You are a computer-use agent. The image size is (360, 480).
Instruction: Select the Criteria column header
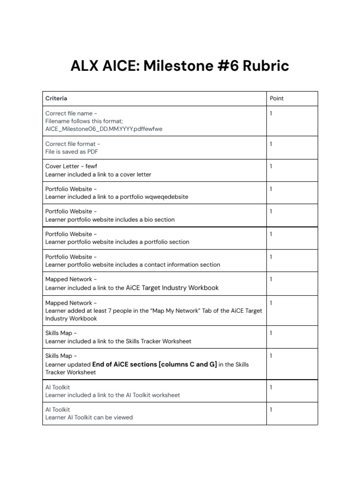tap(56, 98)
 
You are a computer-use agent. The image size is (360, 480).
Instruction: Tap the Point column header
tap(277, 98)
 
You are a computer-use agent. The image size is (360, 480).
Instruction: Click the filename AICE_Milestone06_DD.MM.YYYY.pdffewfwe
tap(104, 129)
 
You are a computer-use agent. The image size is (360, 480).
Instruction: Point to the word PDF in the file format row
tap(92, 151)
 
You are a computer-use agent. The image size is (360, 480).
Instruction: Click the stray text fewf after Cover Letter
tap(92, 166)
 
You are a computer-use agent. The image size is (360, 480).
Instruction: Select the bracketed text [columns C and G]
tap(188, 364)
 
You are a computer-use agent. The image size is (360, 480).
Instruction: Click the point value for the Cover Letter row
tap(271, 166)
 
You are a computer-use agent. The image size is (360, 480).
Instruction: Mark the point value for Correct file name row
tap(271, 113)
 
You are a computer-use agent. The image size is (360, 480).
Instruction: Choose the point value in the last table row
tap(271, 410)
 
